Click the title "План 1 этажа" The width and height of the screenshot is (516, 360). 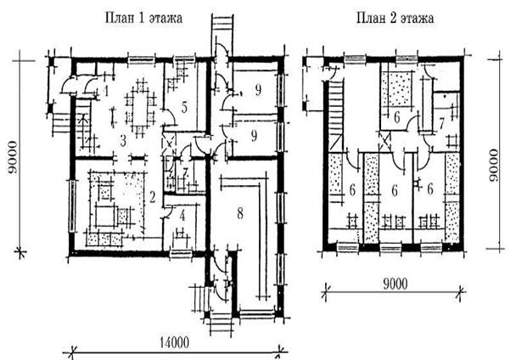143,18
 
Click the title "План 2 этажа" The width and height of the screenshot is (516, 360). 395,18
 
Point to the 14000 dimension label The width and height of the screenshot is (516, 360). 175,342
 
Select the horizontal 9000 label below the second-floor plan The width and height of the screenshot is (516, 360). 395,284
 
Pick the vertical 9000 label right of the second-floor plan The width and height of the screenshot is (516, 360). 494,165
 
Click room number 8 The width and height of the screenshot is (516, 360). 240,213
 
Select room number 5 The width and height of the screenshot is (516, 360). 184,107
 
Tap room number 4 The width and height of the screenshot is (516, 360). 182,216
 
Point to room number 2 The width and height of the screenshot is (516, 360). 152,197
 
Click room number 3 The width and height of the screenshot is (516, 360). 123,141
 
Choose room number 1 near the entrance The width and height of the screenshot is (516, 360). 106,91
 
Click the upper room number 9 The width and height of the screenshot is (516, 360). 258,90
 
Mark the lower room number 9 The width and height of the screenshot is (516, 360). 254,136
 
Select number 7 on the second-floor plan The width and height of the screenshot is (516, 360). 441,124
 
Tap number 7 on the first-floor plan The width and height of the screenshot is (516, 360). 185,172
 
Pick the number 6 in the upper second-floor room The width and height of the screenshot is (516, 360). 397,117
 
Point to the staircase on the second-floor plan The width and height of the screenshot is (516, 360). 336,116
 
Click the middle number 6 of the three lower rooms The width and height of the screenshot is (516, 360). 395,191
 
